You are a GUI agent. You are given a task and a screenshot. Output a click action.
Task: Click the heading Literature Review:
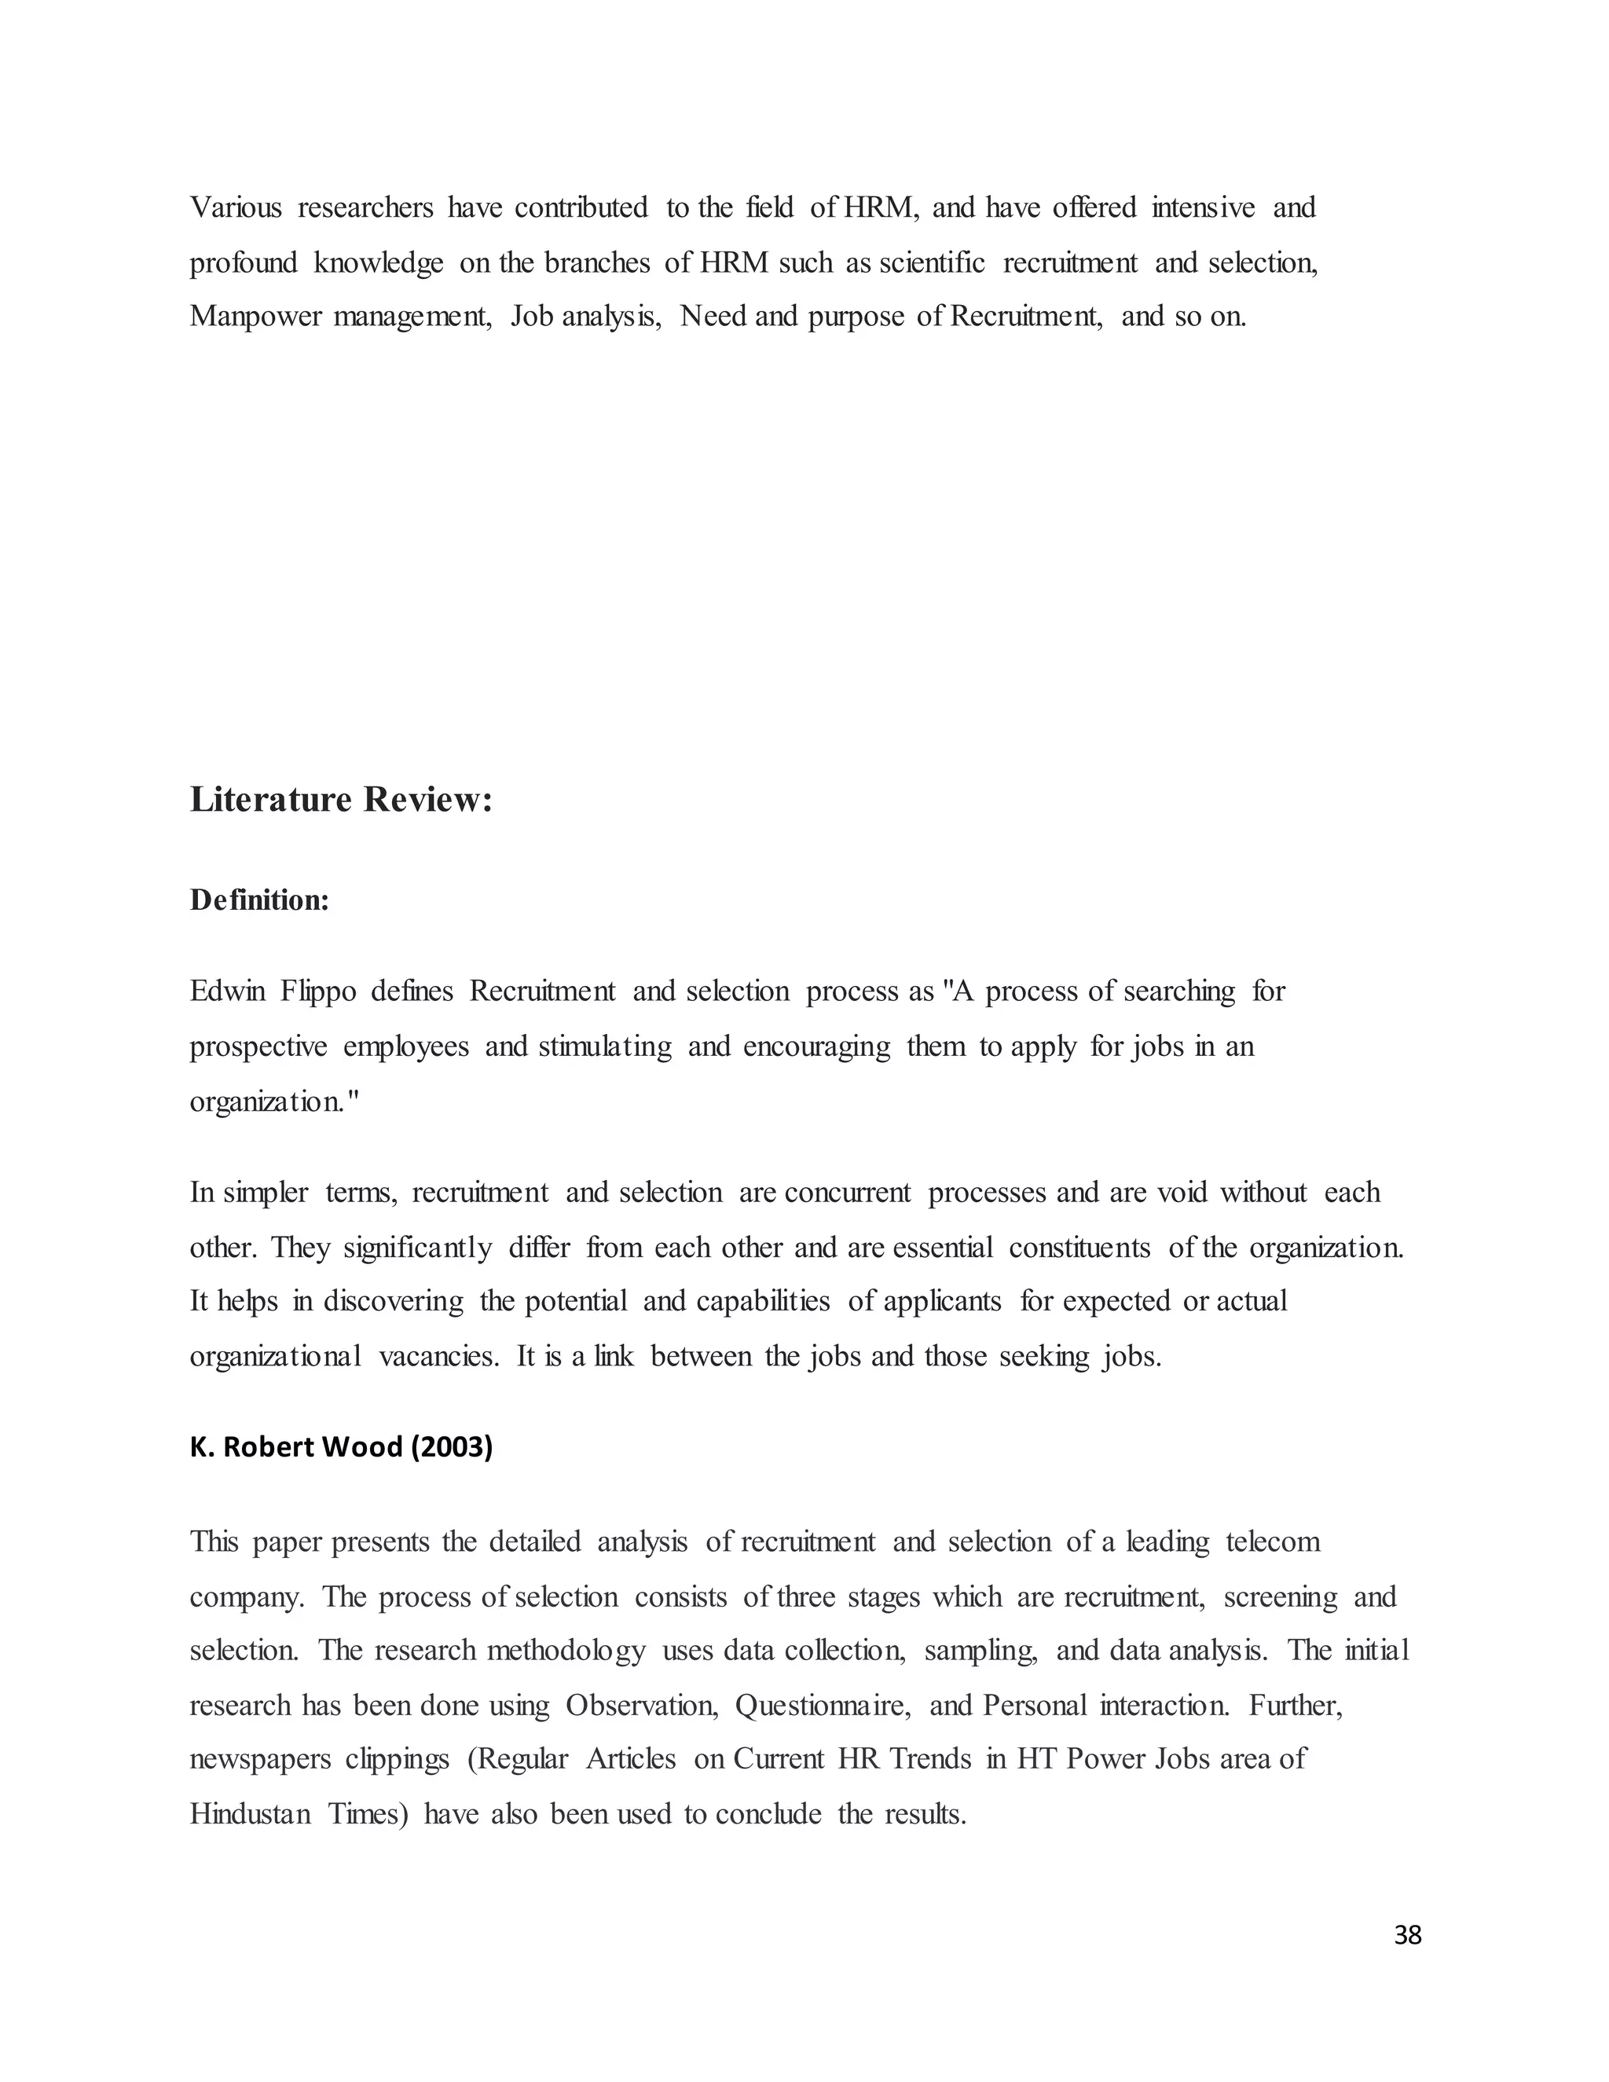[341, 800]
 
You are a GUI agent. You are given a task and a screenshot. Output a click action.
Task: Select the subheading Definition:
[259, 900]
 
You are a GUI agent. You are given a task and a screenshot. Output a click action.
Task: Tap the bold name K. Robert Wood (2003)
[341, 1447]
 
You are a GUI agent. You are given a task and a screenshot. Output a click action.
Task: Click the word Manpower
[255, 316]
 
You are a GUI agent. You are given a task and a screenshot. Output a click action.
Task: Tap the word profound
[243, 262]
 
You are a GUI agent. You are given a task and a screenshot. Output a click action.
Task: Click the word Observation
[642, 1706]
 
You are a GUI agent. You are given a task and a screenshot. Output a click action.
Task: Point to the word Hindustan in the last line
[250, 1814]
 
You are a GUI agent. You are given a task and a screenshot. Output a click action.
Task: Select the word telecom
[1274, 1541]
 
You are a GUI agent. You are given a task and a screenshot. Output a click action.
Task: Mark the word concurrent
[848, 1193]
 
